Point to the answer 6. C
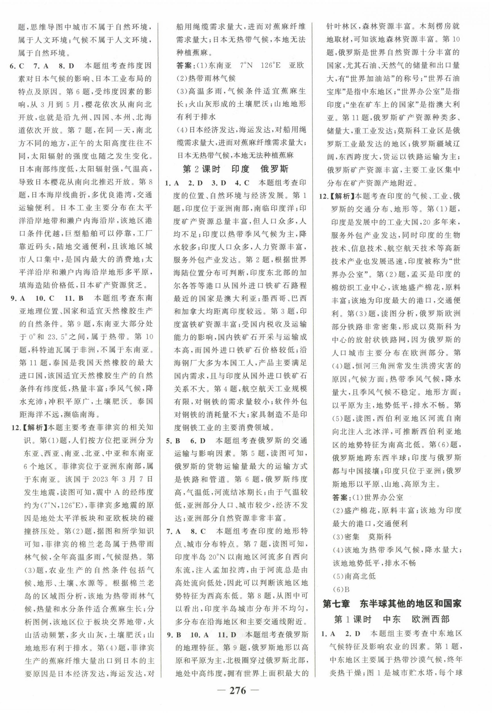point(17,66)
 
